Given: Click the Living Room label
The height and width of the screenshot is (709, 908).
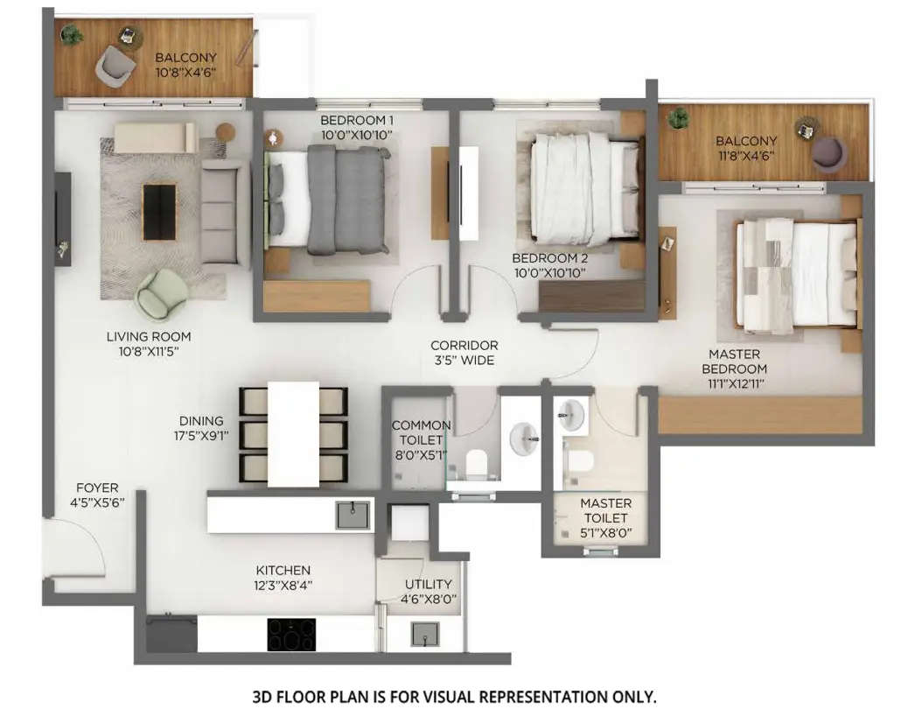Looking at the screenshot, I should click(x=148, y=336).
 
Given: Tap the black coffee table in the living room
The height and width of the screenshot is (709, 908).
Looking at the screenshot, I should click(x=159, y=211).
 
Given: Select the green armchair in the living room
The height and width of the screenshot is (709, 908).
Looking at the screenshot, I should click(x=161, y=292).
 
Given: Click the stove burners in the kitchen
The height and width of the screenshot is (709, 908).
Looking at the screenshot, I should click(x=291, y=634).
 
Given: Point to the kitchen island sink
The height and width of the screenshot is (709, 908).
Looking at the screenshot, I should click(x=354, y=516).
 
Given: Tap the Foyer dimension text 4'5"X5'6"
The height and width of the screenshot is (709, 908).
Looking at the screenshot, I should click(x=97, y=503).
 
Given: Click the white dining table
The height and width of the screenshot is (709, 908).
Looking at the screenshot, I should click(x=293, y=434).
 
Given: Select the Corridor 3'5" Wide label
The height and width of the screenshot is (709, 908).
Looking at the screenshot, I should click(x=464, y=353).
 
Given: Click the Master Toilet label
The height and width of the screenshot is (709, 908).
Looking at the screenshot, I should click(x=605, y=510).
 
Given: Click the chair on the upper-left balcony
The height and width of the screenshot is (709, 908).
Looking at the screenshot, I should click(x=113, y=67).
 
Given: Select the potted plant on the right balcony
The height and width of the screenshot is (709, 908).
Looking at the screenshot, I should click(x=678, y=118).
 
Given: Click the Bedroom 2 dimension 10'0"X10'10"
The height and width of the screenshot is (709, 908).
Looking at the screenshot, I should click(x=550, y=272).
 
